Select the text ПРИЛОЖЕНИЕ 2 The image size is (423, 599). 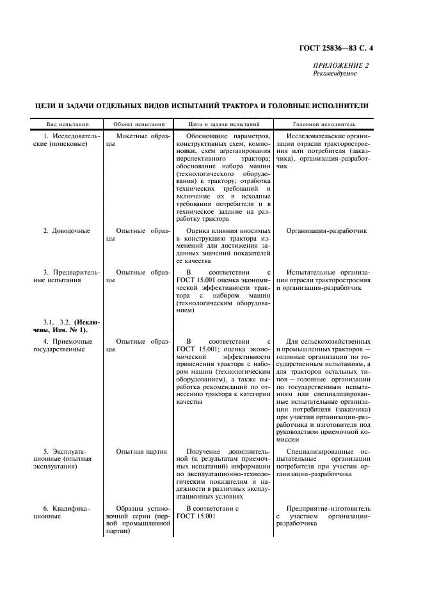click(x=340, y=66)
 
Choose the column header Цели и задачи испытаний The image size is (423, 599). click(x=224, y=124)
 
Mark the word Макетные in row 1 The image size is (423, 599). click(x=131, y=136)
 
